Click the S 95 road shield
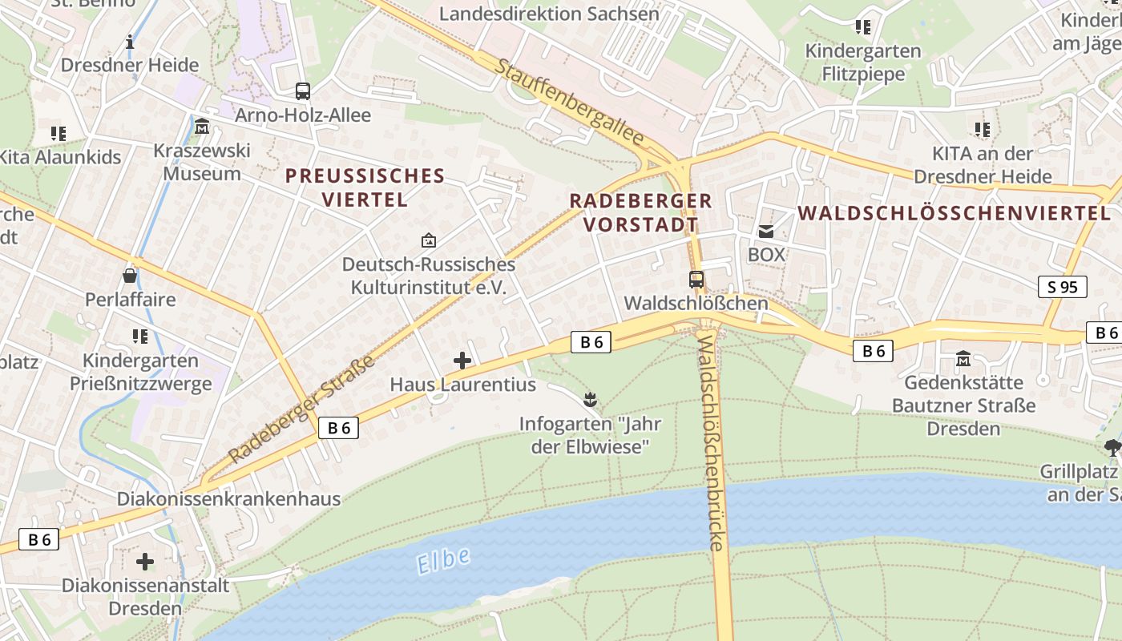pos(1063,287)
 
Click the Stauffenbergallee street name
pos(569,102)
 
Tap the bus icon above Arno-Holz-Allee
pos(302,91)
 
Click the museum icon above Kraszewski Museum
pos(202,127)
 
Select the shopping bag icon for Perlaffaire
pos(130,276)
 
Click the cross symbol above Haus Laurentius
pos(462,361)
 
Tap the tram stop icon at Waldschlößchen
pos(696,280)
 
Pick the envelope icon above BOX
pos(766,232)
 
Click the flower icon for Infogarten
pos(591,398)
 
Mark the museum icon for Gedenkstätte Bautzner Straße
pos(963,358)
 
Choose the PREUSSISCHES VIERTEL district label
pos(365,187)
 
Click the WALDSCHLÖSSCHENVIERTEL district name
pos(955,213)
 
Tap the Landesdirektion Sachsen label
pos(549,14)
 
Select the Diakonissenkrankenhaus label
pos(228,498)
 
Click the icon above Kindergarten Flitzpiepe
pos(862,27)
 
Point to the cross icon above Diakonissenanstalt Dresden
pos(145,561)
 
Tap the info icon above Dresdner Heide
pos(130,42)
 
